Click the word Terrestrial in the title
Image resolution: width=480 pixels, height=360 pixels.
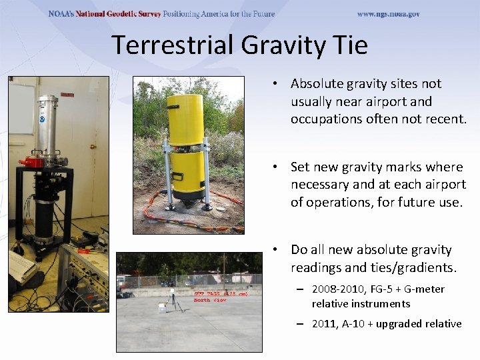[x=173, y=45]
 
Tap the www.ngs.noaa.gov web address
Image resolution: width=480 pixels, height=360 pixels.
[x=388, y=14]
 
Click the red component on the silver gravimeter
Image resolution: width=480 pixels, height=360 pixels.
[x=31, y=161]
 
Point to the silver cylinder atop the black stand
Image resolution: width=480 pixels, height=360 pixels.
[x=48, y=127]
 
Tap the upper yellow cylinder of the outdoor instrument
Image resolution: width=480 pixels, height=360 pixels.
[x=185, y=117]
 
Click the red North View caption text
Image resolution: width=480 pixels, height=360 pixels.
[x=211, y=300]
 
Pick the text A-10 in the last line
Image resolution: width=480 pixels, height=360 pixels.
[x=359, y=324]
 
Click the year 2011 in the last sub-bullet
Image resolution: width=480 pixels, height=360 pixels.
[x=324, y=324]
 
